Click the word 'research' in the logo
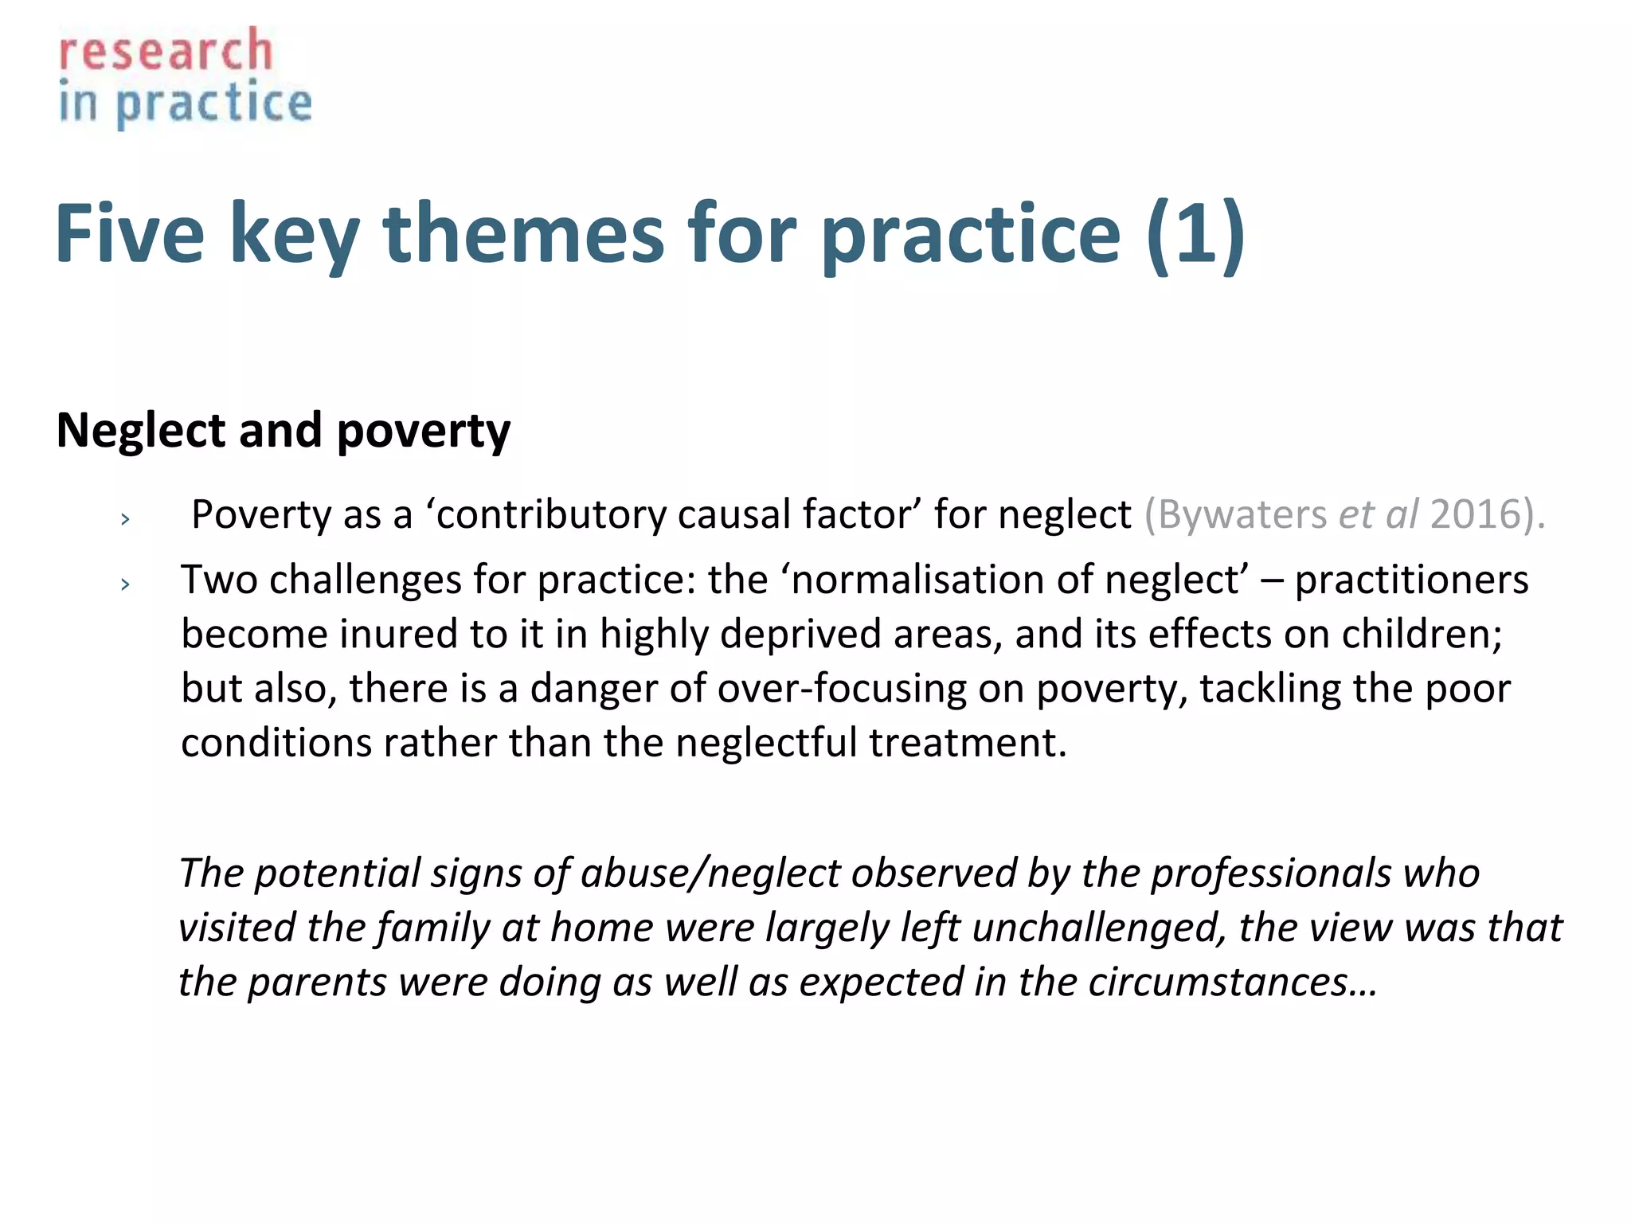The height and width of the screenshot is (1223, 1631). [x=166, y=52]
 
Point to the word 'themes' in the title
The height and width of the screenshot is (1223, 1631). [x=523, y=233]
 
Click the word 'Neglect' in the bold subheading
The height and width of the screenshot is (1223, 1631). [x=141, y=431]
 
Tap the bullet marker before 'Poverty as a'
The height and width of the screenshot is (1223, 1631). [x=125, y=520]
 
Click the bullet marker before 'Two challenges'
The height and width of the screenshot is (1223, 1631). [x=125, y=585]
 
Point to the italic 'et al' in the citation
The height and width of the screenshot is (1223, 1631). [x=1378, y=515]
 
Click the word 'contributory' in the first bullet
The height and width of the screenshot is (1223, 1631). [x=551, y=515]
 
